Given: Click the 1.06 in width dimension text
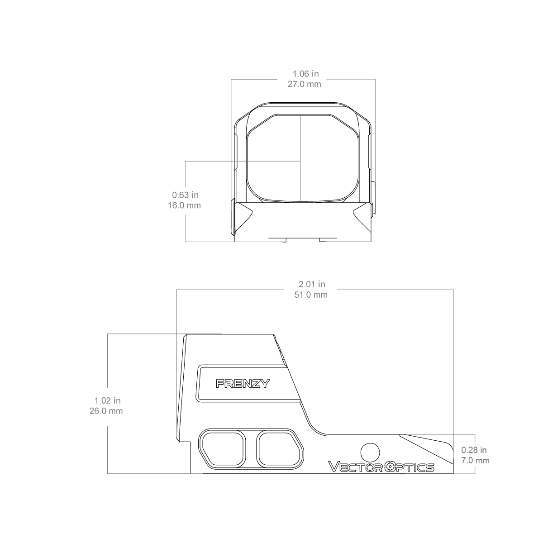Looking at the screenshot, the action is [305, 74].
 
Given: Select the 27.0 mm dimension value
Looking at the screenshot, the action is [305, 84].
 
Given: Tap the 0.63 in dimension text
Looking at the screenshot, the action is [185, 195].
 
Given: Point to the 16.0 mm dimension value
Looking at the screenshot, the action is [184, 205].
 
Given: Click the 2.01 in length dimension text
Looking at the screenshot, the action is [312, 284].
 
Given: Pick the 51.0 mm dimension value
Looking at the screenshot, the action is [311, 295].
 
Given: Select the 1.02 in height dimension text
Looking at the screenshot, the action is [107, 400].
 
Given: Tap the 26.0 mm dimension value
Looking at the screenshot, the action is [106, 411].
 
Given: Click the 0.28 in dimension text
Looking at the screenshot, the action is [474, 450].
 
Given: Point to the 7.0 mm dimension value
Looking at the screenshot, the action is [476, 461].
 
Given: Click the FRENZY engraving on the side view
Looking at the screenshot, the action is [243, 384].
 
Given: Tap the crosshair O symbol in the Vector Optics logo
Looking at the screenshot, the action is [391, 467].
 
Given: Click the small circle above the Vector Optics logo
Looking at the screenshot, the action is [370, 452].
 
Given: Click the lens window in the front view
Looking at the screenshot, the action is [302, 158].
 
